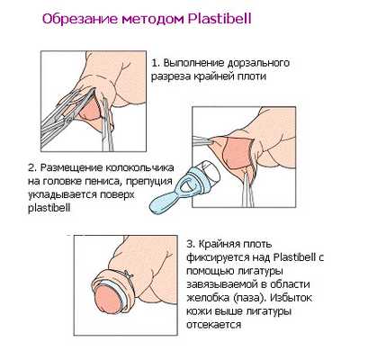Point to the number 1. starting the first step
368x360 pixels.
tap(155, 64)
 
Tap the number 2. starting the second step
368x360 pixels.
tap(31, 167)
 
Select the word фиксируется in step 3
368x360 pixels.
tap(216, 257)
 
